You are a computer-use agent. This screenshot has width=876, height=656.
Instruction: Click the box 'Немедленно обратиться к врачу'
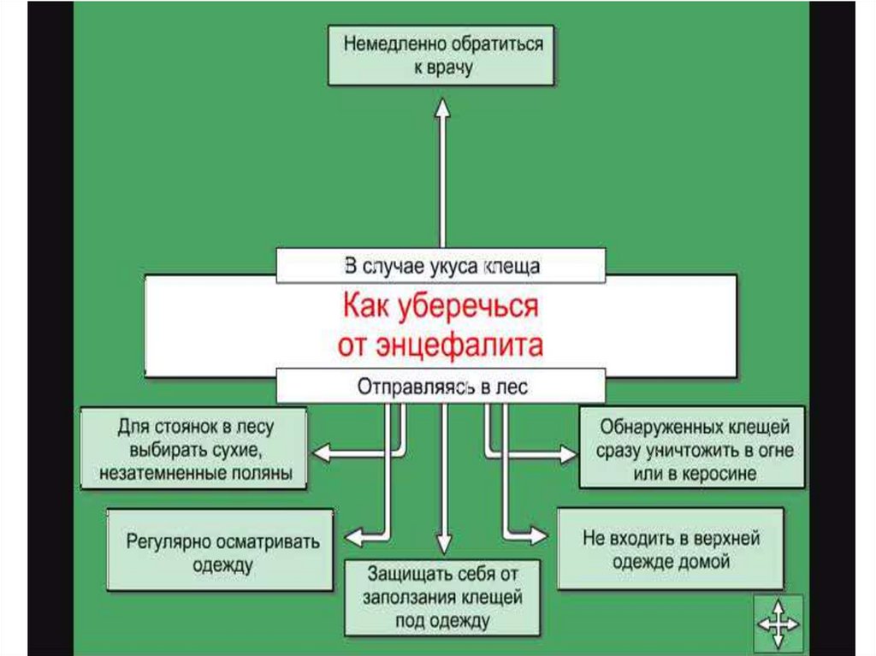pos(441,56)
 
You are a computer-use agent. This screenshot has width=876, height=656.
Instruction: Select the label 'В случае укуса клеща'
pos(441,266)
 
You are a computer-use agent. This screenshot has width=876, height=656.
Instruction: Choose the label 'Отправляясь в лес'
pos(441,387)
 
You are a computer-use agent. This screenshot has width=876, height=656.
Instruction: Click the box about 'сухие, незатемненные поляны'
pos(194,448)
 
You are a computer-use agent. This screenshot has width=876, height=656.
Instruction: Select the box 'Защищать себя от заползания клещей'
pos(442,596)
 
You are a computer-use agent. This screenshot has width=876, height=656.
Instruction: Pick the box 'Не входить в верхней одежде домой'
pos(671,549)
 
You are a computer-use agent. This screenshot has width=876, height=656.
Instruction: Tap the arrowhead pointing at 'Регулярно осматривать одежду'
pos(351,536)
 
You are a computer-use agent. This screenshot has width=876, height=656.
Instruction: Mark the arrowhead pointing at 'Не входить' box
pos(538,536)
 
